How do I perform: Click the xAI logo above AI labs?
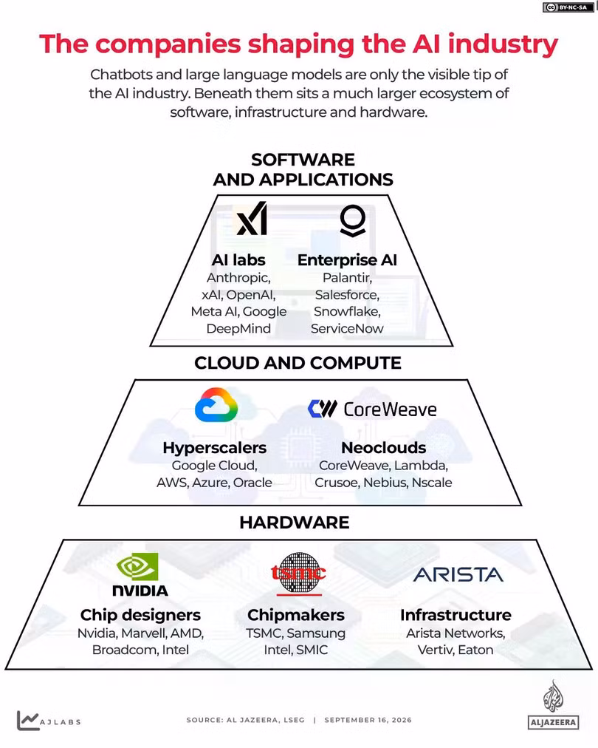[252, 219]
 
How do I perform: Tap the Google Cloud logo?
[216, 404]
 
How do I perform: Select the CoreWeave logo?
[372, 409]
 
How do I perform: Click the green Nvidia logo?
[138, 566]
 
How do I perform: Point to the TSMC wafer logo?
[299, 574]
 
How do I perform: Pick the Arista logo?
[458, 575]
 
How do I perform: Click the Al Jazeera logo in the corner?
[553, 705]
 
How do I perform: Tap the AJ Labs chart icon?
[27, 721]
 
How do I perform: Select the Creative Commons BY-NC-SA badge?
[568, 7]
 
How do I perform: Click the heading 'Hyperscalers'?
[214, 447]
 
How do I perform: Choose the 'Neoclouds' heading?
[384, 447]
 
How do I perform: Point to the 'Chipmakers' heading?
[296, 615]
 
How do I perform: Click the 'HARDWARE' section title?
[295, 523]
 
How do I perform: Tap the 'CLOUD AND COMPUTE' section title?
[298, 363]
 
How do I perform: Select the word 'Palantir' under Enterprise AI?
[347, 278]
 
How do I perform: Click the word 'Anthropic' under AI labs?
[238, 278]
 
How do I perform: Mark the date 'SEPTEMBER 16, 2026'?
[368, 720]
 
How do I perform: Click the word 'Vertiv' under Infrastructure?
[436, 650]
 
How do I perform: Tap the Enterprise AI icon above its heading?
[353, 220]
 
